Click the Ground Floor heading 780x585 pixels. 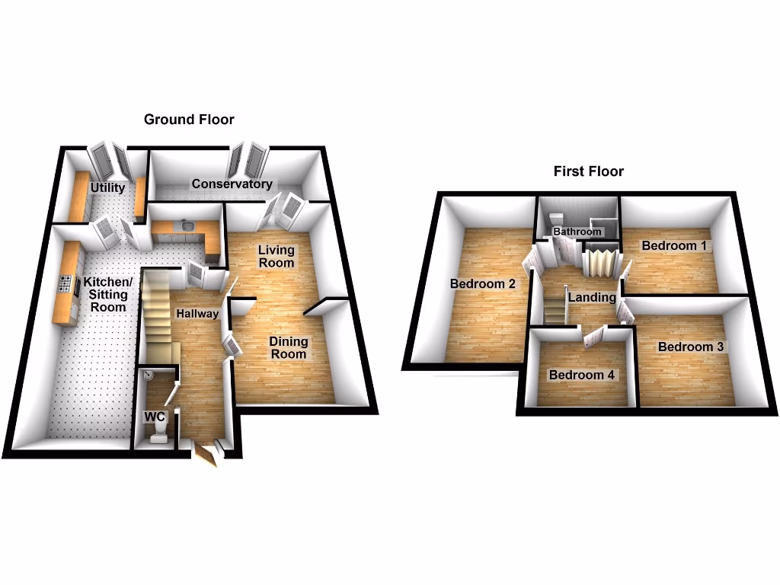(x=189, y=120)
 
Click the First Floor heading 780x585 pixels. (x=588, y=171)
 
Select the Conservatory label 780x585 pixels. (x=232, y=184)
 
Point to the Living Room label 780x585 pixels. (x=277, y=256)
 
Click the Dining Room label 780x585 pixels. (x=288, y=347)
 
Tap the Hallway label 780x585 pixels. (x=197, y=313)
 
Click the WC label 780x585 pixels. (x=156, y=417)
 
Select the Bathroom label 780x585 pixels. (x=577, y=232)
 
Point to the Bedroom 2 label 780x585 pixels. (x=483, y=284)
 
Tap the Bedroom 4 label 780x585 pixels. (x=582, y=375)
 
